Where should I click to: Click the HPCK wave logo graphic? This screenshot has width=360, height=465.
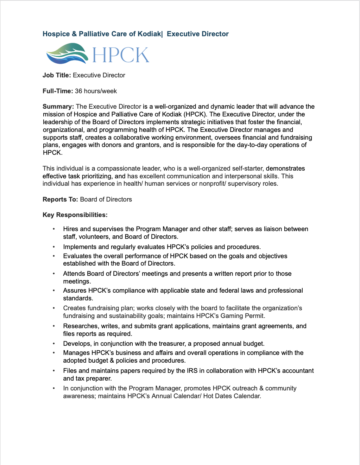pyautogui.click(x=67, y=53)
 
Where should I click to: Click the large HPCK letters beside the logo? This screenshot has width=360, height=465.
pyautogui.click(x=121, y=55)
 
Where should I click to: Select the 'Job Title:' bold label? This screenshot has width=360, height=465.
pyautogui.click(x=57, y=75)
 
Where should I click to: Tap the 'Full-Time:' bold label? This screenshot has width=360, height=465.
pyautogui.click(x=58, y=91)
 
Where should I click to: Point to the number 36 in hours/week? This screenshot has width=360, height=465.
pyautogui.click(x=78, y=91)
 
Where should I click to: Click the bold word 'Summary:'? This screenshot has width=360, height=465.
pyautogui.click(x=58, y=107)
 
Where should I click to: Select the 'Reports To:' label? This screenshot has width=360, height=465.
pyautogui.click(x=60, y=199)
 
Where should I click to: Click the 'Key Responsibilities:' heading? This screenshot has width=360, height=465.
pyautogui.click(x=75, y=215)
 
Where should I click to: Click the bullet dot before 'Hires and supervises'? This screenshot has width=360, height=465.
pyautogui.click(x=54, y=229)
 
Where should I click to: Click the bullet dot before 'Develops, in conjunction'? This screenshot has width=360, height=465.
pyautogui.click(x=54, y=344)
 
